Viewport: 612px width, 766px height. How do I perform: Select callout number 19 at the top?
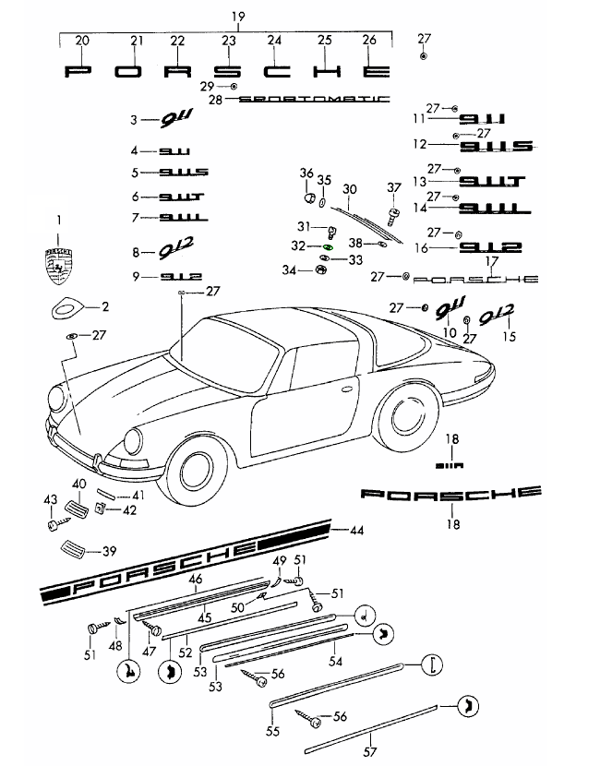tap(238, 17)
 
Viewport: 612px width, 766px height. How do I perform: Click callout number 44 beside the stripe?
tap(357, 530)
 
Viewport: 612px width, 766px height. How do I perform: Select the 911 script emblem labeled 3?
tap(172, 119)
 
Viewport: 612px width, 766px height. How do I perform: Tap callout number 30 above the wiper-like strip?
tap(349, 189)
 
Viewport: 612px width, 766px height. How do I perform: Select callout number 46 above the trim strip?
tap(195, 579)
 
